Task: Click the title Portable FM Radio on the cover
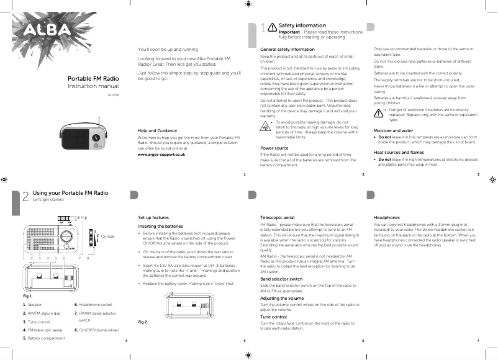point(93,79)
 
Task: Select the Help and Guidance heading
point(158,131)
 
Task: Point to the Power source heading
point(274,148)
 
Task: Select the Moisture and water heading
point(393,131)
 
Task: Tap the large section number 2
point(25,196)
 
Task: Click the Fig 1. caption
point(27,296)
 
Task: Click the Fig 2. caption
point(143,322)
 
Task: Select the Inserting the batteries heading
point(160,227)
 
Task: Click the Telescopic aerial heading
point(277,218)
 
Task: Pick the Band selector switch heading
point(281,279)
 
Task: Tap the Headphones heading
point(386,218)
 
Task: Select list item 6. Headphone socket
point(93,305)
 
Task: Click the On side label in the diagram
point(107,236)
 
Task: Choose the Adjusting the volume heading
point(282,299)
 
